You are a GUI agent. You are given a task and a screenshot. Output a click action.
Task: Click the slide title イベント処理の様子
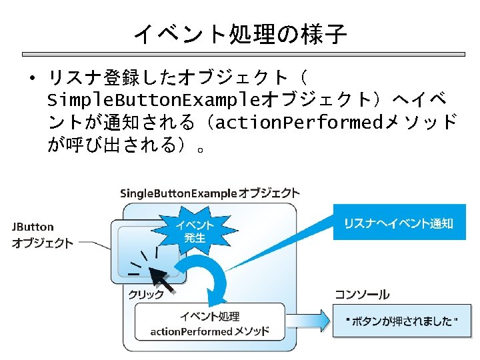[240, 33]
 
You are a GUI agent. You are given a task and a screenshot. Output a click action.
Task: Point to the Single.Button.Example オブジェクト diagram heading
[209, 193]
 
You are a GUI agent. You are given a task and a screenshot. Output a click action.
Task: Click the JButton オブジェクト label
[42, 235]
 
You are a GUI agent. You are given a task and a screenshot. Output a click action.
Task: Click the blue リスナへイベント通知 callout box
[398, 223]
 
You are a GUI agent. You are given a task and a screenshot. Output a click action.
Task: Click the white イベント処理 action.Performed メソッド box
[209, 323]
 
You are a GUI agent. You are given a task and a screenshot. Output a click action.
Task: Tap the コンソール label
[363, 295]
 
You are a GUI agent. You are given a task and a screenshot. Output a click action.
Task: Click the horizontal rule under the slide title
[240, 54]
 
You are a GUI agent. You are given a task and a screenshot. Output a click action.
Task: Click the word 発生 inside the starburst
[195, 238]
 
